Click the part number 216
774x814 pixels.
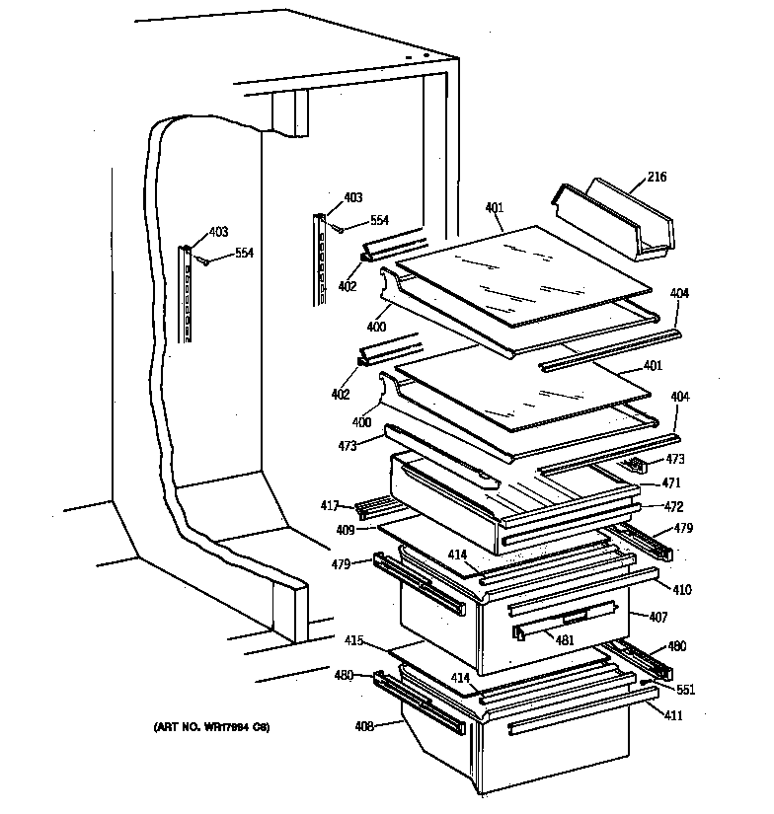[658, 178]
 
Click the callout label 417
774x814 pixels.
[330, 506]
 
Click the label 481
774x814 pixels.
[564, 639]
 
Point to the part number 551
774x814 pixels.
[686, 690]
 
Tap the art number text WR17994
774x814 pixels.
[211, 728]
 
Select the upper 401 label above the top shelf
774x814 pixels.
[495, 207]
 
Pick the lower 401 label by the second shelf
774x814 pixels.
[653, 366]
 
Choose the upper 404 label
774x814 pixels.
[679, 293]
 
